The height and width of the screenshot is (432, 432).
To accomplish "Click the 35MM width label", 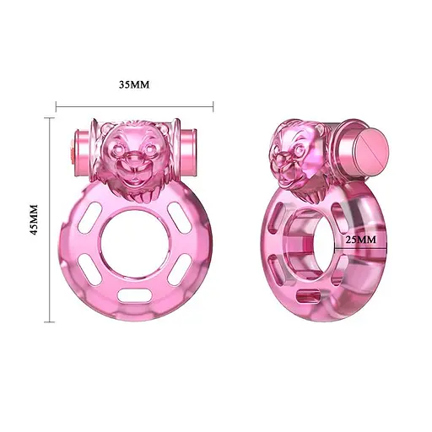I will point(134,85).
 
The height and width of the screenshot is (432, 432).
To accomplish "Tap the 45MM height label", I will point(35,221).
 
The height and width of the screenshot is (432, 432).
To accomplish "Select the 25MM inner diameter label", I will point(362,240).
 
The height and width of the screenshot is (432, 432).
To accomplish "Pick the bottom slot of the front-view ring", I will point(135,295).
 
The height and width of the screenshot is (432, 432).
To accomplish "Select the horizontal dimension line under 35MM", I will point(134,106).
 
